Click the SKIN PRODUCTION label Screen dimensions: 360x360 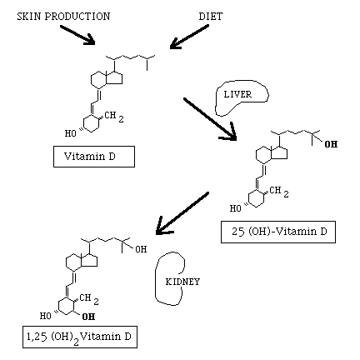(63, 17)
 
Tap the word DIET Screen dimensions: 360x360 (211, 17)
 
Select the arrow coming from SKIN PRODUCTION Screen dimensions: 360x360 (77, 35)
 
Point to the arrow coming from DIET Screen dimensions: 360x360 (189, 37)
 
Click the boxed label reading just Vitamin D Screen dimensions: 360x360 (94, 157)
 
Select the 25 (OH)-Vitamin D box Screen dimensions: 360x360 (278, 232)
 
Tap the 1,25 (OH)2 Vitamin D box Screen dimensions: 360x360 (80, 337)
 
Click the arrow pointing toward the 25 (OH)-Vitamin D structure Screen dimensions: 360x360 (210, 119)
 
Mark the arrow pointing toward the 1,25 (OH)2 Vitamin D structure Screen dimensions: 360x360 (182, 213)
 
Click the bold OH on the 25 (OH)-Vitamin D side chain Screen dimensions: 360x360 (331, 144)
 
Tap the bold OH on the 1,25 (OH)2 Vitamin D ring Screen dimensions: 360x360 (88, 317)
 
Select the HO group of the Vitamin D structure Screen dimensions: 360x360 (71, 133)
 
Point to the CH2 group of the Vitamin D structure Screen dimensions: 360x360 (114, 117)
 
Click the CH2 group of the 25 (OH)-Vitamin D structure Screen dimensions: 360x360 (279, 192)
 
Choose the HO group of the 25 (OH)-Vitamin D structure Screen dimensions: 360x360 (236, 208)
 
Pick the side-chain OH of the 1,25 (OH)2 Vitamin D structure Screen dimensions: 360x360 (141, 249)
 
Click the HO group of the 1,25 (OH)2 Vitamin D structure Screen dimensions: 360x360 (46, 316)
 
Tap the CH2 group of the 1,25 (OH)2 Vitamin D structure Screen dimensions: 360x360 (89, 300)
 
